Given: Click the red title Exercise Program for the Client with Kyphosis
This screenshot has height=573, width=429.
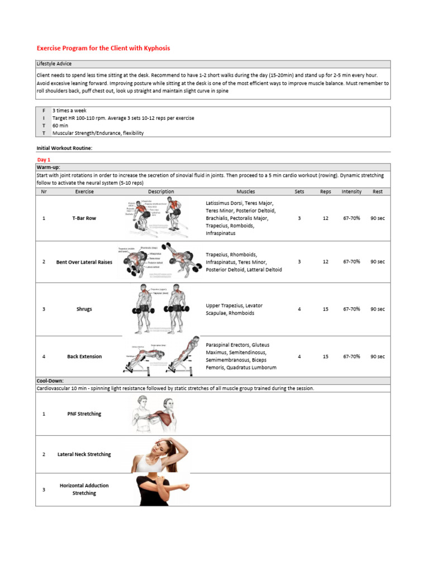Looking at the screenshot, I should [x=103, y=48].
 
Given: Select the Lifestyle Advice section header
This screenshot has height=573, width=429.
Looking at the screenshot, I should [x=54, y=64].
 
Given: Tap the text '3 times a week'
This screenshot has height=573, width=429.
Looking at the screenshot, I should [x=69, y=111].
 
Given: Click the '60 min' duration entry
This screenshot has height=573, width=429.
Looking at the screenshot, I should [x=60, y=126].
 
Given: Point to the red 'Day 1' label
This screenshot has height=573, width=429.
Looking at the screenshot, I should [x=44, y=159].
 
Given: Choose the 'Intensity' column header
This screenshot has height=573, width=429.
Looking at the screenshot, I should [x=351, y=191].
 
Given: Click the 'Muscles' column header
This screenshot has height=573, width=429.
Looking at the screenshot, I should [x=246, y=191].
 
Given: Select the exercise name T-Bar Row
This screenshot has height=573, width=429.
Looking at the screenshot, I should [x=84, y=218].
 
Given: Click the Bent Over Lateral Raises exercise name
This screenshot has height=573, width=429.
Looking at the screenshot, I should [x=84, y=262].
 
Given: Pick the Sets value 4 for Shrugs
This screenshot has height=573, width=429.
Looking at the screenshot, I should [x=299, y=309].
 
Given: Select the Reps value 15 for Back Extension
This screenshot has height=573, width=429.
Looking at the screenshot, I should [x=326, y=356].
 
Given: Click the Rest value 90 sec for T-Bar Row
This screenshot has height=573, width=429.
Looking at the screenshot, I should [x=378, y=218].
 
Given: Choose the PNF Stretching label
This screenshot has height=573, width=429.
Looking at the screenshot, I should [x=84, y=414].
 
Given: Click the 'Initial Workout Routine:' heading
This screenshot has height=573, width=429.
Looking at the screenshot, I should [x=64, y=148].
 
